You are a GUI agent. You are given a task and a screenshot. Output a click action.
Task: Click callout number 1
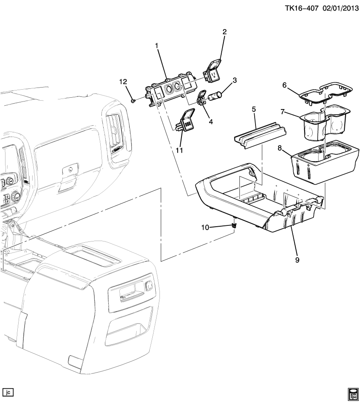coord(157,46)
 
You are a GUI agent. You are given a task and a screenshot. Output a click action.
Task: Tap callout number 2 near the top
coord(225,32)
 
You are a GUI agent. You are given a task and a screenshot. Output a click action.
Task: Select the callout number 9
coord(297,260)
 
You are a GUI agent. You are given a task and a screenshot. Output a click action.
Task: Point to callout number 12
coord(123,82)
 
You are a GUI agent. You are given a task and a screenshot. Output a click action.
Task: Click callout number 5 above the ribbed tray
coord(253,109)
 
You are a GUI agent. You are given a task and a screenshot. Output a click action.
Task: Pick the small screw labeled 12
coord(133,100)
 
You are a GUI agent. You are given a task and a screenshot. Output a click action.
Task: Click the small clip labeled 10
coord(235,226)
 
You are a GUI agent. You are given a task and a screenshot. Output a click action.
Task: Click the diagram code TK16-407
coord(302,8)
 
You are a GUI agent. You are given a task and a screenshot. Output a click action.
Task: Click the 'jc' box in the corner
coord(8,392)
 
